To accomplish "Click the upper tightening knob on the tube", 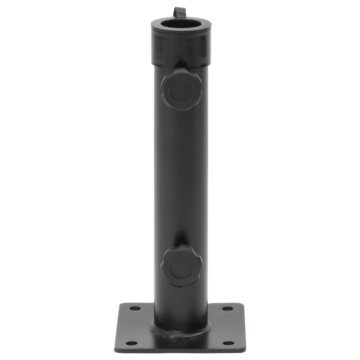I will click(182, 90).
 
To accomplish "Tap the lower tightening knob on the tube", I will click(181, 266).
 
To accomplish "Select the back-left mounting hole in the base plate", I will click(135, 308).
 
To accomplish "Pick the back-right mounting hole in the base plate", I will click(227, 309).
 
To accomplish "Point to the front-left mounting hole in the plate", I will click(131, 343).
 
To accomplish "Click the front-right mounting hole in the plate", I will click(229, 343).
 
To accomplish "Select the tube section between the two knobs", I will click(181, 176).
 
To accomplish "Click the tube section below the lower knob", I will click(181, 302).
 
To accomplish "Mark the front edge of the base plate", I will click(180, 351).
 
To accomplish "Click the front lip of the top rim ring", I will click(181, 32).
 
